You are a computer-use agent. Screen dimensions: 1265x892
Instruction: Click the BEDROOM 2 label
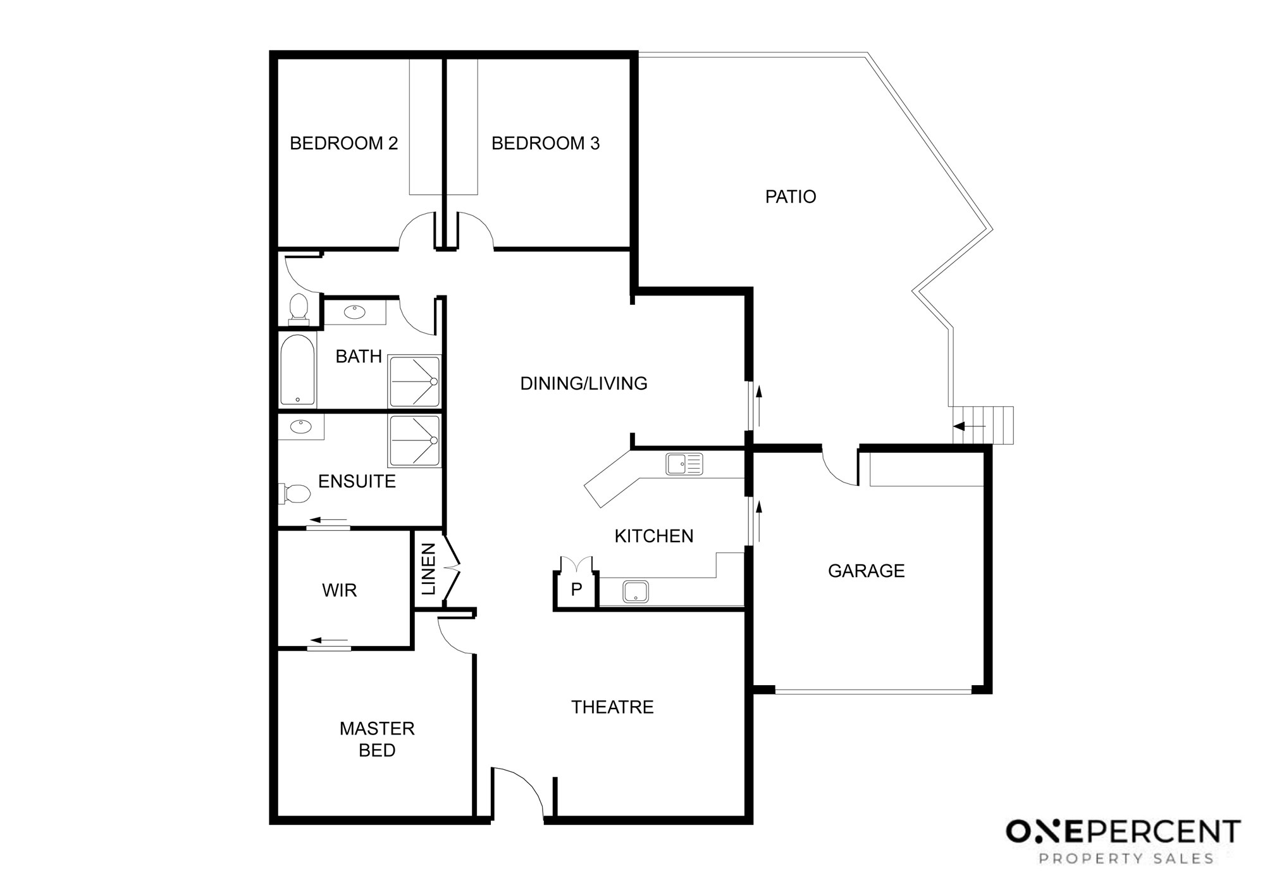click(344, 144)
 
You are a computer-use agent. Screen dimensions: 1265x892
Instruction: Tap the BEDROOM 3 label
click(545, 144)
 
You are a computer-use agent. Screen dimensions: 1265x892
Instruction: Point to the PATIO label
click(791, 197)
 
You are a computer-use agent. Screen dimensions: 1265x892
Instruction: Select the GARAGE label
click(866, 571)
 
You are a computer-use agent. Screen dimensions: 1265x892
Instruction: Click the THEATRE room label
click(612, 707)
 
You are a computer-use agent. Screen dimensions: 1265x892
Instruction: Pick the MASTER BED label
click(377, 739)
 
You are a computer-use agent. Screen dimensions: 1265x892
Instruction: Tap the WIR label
click(340, 590)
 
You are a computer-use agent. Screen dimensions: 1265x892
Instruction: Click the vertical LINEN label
click(429, 569)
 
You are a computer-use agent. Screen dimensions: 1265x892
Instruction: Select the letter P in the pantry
click(576, 590)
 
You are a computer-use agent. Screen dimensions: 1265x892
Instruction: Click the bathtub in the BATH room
click(297, 370)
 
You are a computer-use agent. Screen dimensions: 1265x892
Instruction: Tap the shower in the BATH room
click(414, 381)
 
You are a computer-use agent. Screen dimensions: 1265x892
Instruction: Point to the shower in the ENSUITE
click(414, 441)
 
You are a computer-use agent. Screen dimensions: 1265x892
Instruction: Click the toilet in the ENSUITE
click(295, 493)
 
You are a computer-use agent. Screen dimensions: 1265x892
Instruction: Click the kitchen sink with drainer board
click(684, 464)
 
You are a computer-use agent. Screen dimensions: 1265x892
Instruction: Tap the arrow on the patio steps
click(969, 426)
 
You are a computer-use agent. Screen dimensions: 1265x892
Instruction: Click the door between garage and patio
click(840, 467)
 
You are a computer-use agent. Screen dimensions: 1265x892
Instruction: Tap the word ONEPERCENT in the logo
click(1123, 832)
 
